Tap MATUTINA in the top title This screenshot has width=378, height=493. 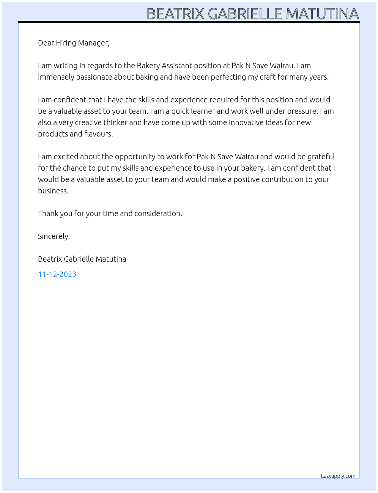point(322,14)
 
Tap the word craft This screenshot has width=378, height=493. point(268,77)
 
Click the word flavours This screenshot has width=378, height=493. point(99,134)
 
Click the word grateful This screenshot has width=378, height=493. point(321,157)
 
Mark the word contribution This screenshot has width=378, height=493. point(277,179)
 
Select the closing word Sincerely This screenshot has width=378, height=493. point(54,236)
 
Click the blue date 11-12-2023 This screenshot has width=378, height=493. point(57,274)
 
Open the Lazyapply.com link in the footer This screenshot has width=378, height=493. point(338,476)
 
